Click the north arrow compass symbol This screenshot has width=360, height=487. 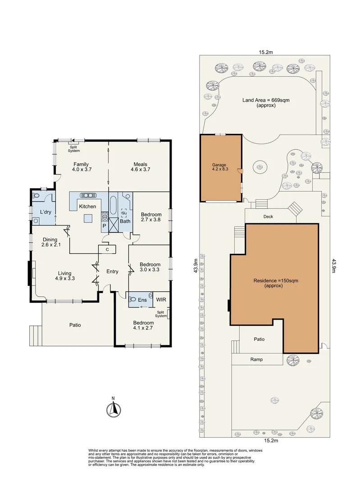point(114,409)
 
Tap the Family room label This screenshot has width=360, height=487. point(81,167)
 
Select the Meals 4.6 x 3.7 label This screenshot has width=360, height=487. point(140,167)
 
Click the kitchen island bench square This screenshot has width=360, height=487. point(89,218)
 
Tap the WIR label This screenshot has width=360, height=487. point(161,299)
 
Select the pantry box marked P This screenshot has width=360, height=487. point(105,225)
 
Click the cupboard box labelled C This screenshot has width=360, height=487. point(107,249)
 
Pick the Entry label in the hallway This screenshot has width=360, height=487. point(112,271)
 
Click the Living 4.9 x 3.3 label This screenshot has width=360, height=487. point(66,276)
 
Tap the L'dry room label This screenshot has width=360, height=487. point(45,211)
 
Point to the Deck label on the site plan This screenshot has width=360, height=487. point(268,216)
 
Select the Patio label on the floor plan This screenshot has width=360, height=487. point(75,325)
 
